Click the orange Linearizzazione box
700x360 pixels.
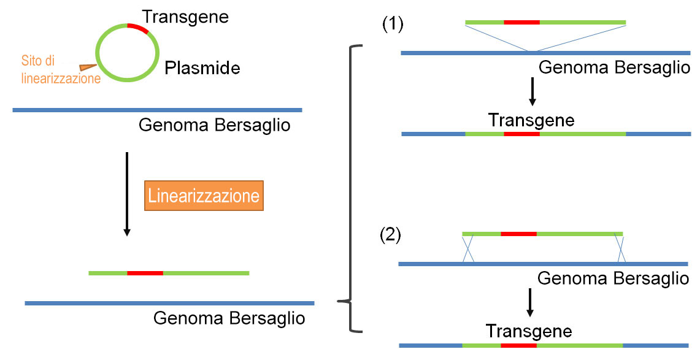(x=204, y=196)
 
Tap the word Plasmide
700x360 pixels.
(x=202, y=68)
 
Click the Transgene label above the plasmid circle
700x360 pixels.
(x=185, y=17)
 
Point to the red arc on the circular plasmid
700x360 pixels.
(x=138, y=28)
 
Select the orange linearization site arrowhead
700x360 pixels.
(x=88, y=67)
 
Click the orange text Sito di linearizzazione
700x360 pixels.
(x=61, y=69)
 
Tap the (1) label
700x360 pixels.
(x=393, y=24)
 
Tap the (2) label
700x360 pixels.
(x=390, y=235)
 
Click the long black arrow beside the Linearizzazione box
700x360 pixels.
(x=127, y=194)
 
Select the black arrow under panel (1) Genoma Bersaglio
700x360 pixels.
(x=532, y=91)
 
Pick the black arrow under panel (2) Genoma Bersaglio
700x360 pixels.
(x=530, y=302)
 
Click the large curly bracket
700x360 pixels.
(x=350, y=189)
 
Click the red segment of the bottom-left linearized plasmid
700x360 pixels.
(x=145, y=273)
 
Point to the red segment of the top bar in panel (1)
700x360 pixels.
(x=521, y=22)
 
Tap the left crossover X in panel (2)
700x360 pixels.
(x=468, y=249)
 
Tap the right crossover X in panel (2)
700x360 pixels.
(x=620, y=249)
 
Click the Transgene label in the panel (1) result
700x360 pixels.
(x=531, y=120)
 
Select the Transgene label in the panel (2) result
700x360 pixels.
(x=529, y=331)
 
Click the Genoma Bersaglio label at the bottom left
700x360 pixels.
(x=229, y=318)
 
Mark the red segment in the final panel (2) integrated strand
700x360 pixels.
(x=519, y=345)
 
